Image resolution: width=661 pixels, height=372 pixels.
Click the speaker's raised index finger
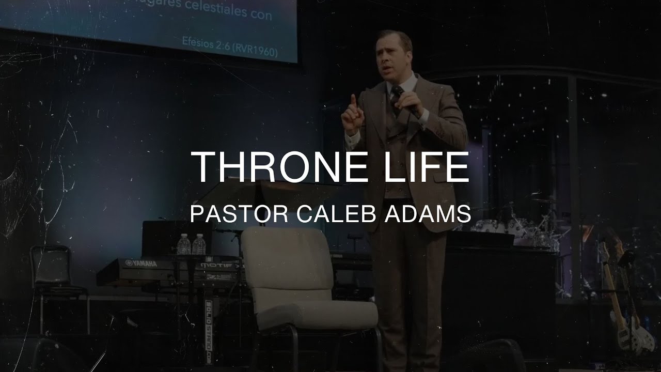click(353, 101)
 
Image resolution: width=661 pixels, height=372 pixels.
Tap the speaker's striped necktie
click(396, 98)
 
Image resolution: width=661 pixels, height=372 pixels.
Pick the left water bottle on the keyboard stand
click(184, 244)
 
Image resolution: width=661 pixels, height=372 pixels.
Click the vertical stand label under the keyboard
click(209, 331)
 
